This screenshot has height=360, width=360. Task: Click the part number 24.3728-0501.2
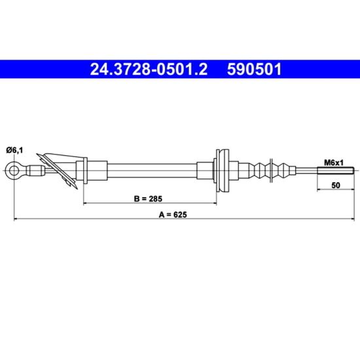pyautogui.click(x=149, y=69)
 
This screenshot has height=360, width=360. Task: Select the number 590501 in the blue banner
pyautogui.click(x=254, y=69)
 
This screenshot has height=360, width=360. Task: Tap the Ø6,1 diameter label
pyautogui.click(x=14, y=151)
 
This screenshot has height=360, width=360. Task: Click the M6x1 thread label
pyautogui.click(x=334, y=163)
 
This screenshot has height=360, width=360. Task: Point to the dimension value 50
pyautogui.click(x=336, y=185)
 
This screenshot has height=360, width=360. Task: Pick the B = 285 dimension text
pyautogui.click(x=148, y=198)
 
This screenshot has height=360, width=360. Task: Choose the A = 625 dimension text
pyautogui.click(x=173, y=215)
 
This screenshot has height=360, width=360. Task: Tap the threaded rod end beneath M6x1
pyautogui.click(x=336, y=171)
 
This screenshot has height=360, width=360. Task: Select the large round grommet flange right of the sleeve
pyautogui.click(x=223, y=171)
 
